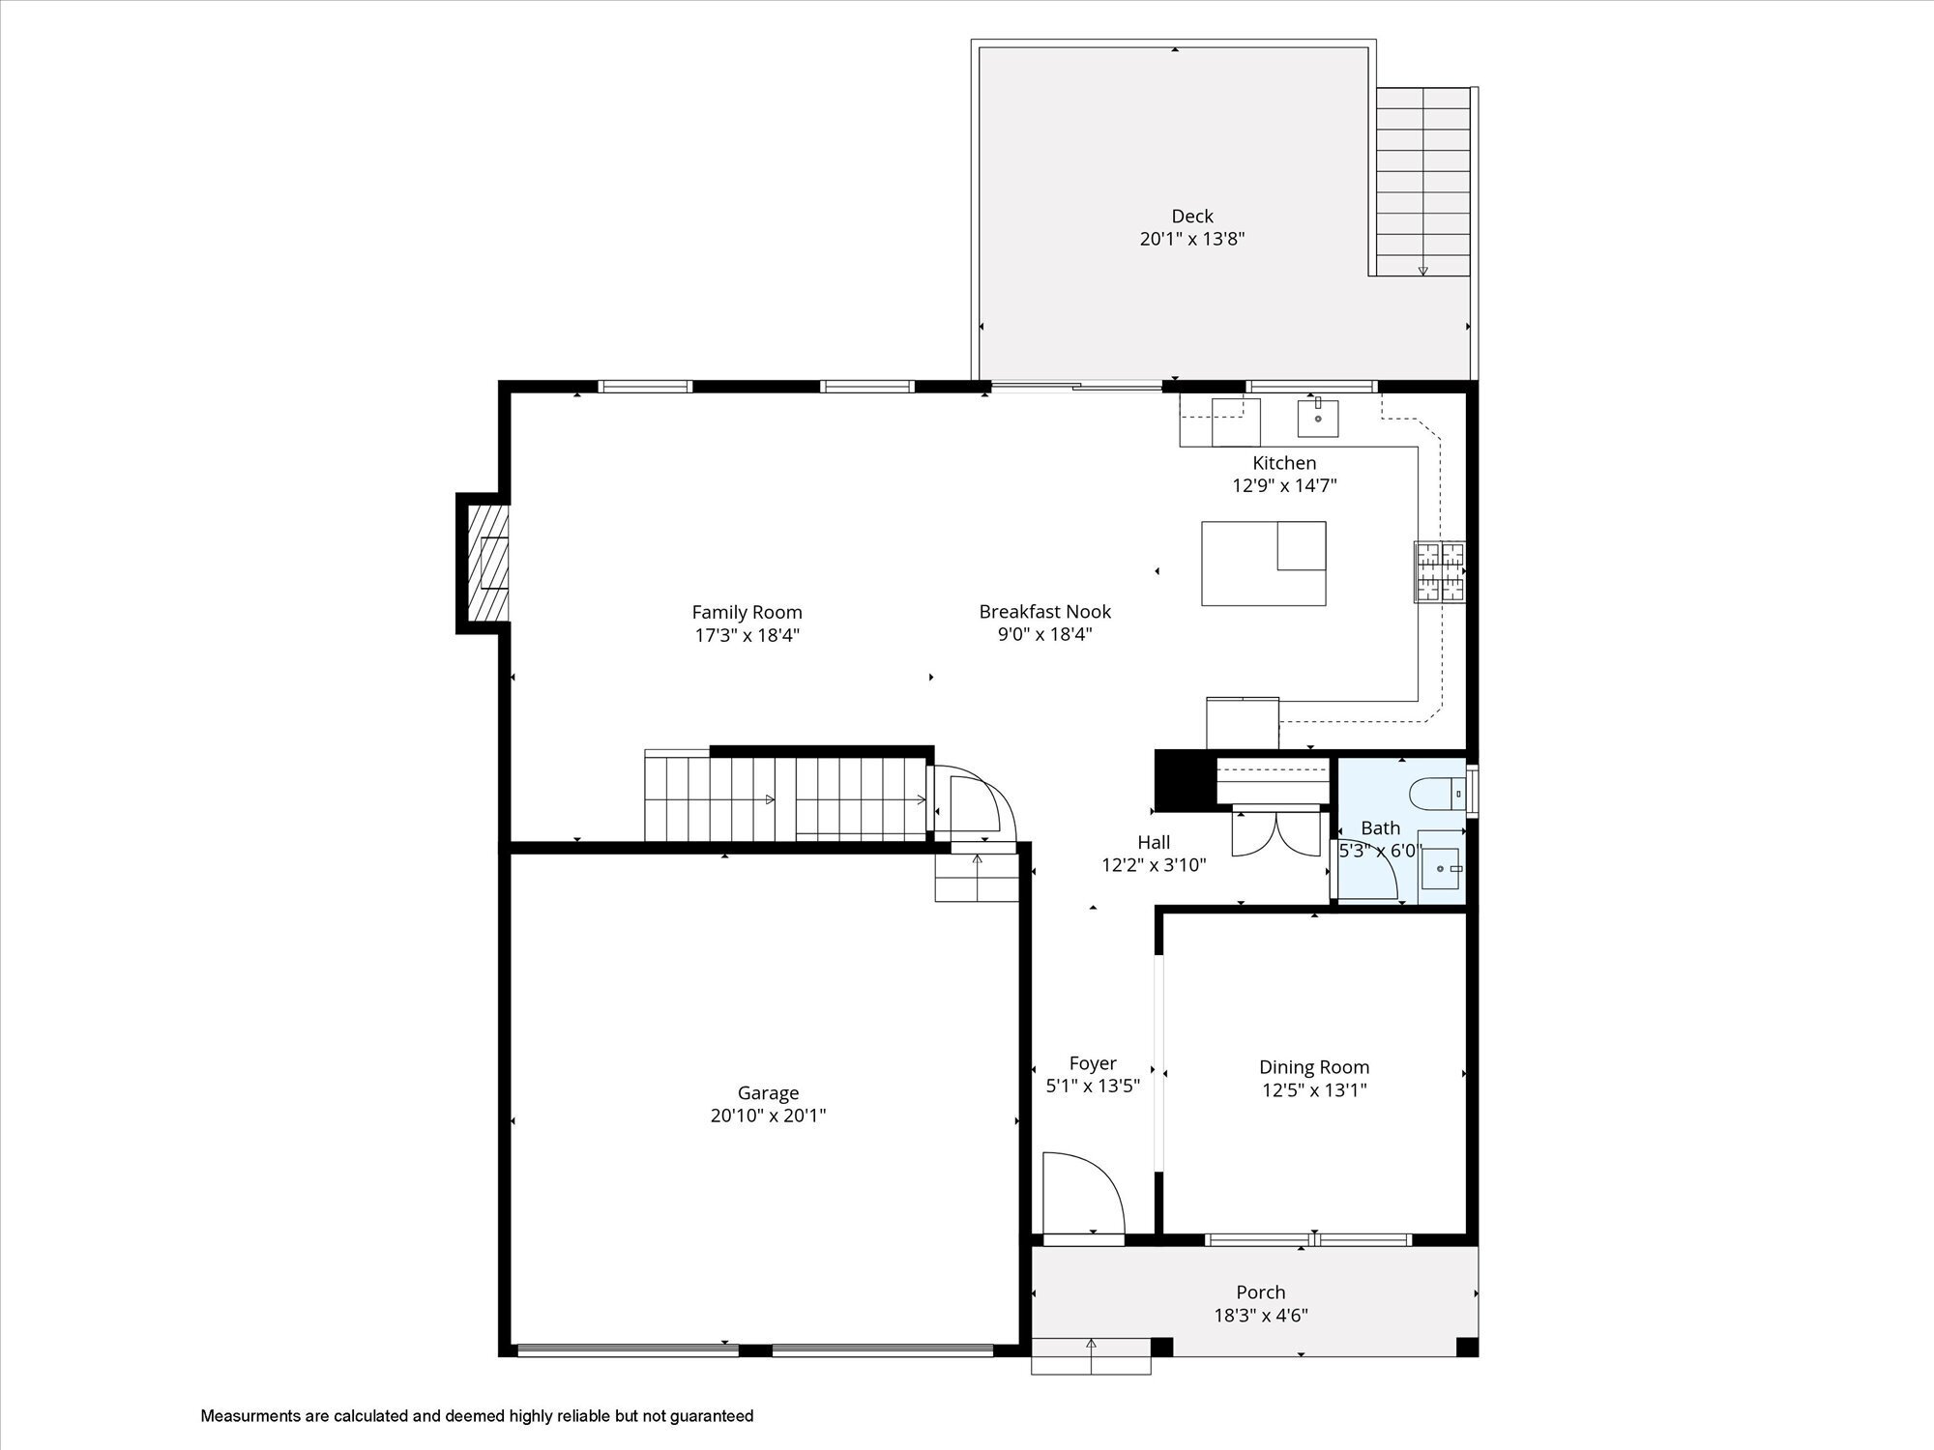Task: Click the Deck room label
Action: [x=1191, y=217]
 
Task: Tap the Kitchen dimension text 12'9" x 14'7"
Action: [x=1284, y=485]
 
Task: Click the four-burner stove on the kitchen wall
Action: [x=1440, y=571]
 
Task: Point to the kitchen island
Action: [x=1263, y=564]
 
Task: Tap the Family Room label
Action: [x=747, y=612]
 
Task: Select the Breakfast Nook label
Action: [x=1044, y=611]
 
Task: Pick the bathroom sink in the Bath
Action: [x=1442, y=868]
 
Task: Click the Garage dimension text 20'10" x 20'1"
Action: [x=768, y=1116]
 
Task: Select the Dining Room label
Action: [x=1313, y=1067]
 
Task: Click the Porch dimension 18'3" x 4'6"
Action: [x=1261, y=1315]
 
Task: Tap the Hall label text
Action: [x=1153, y=842]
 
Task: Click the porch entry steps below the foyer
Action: [x=1091, y=1355]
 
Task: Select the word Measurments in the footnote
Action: [x=250, y=1416]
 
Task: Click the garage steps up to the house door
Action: [x=977, y=878]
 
